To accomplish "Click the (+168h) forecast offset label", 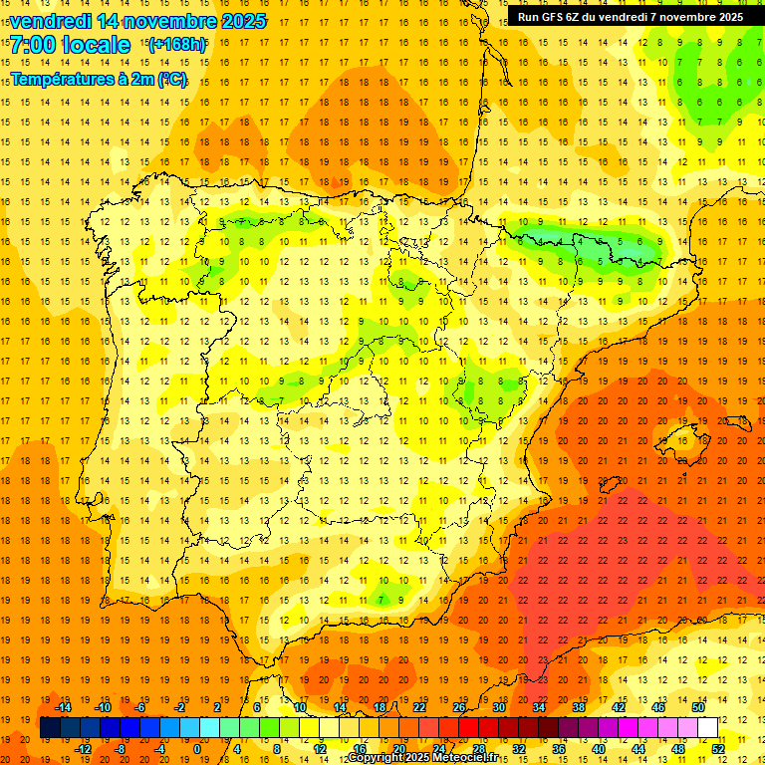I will pyautogui.click(x=176, y=45).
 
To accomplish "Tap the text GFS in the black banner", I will pyautogui.click(x=554, y=17).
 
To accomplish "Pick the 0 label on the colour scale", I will pyautogui.click(x=197, y=749).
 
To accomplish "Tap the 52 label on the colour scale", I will pyautogui.click(x=718, y=749).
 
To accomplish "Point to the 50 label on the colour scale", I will pyautogui.click(x=697, y=707).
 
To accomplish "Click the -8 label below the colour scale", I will pyautogui.click(x=121, y=749).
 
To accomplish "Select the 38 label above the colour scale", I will pyautogui.click(x=579, y=707).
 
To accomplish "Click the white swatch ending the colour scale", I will pyautogui.click(x=707, y=728).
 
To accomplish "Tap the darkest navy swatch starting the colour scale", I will pyautogui.click(x=50, y=728).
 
